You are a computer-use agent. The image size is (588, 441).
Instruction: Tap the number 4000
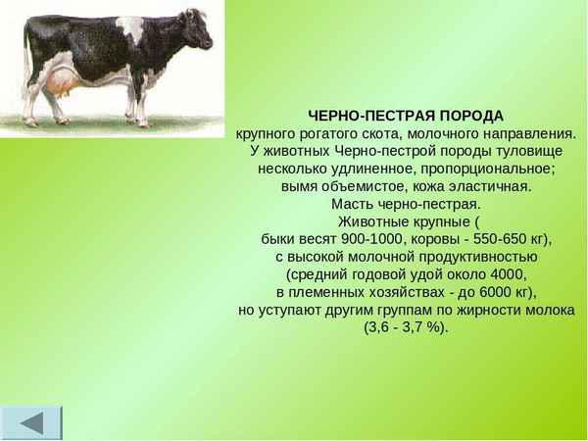tap(505, 274)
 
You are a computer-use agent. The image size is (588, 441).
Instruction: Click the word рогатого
tap(331, 133)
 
